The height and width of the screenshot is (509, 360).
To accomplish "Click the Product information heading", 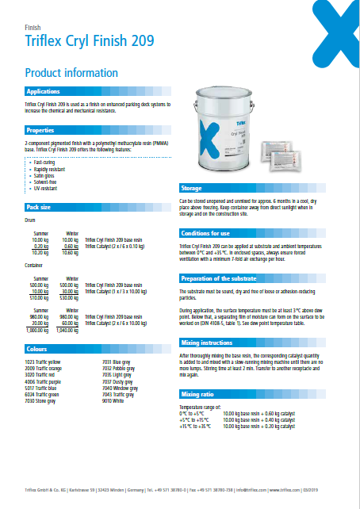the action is point(71,72).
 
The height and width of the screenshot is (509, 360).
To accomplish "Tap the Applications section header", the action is point(44,92).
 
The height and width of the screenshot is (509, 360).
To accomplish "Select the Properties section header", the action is point(40,129).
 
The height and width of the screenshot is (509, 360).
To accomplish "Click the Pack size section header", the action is point(40,207).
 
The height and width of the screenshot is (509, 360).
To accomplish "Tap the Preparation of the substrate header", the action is point(219,278).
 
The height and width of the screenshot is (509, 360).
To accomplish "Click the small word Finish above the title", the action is point(33,27).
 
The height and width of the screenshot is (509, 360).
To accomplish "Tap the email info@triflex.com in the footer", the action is point(246,491).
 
